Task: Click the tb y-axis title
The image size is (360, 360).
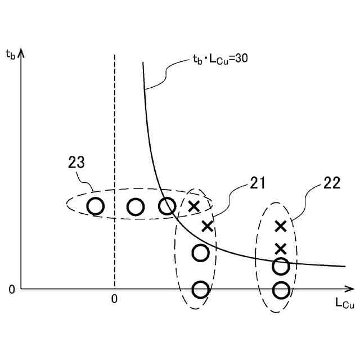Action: (x=11, y=55)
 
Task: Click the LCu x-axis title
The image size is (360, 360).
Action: (x=344, y=303)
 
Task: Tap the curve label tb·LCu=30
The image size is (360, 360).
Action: (x=217, y=58)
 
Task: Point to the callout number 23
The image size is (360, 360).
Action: (x=77, y=163)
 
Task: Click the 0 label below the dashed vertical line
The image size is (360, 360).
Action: (x=114, y=299)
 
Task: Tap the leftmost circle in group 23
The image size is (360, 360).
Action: (x=96, y=206)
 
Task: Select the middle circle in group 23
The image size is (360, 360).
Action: (x=136, y=207)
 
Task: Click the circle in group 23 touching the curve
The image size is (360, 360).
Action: (x=167, y=206)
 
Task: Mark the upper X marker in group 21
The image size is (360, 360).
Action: (x=193, y=206)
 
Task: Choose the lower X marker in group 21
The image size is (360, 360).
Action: (x=208, y=226)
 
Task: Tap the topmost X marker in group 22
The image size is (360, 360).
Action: (x=281, y=226)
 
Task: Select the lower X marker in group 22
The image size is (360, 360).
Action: (x=281, y=248)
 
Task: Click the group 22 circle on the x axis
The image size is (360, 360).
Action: (x=281, y=290)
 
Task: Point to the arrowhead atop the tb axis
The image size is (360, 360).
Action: (x=21, y=53)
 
